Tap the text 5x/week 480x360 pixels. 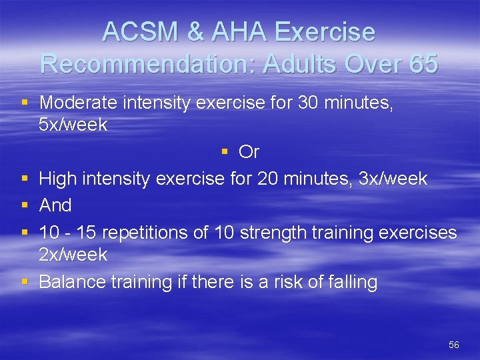[73, 125]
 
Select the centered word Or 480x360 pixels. [249, 153]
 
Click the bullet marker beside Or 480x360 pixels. [225, 153]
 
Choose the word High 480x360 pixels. [57, 179]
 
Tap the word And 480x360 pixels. [55, 205]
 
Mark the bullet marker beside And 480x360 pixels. [25, 205]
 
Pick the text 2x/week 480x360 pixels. [73, 255]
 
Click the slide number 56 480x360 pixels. [454, 345]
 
